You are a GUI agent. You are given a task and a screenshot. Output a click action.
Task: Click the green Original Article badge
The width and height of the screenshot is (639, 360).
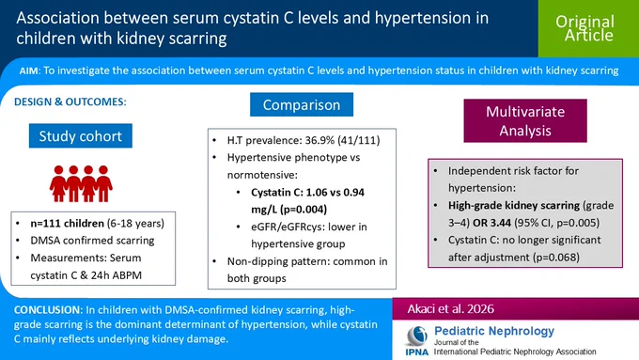click(x=588, y=28)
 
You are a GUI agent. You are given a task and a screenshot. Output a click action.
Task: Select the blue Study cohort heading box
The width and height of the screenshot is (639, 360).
click(x=80, y=135)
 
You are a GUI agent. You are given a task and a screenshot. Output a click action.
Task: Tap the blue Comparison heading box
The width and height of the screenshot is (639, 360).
click(x=302, y=104)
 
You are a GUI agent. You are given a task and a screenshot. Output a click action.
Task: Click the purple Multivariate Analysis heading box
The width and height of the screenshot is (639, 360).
click(x=525, y=120)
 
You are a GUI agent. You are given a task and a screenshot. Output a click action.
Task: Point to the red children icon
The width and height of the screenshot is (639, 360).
click(x=81, y=183)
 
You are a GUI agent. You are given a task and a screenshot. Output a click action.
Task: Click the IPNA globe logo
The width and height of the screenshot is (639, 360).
click(x=417, y=336)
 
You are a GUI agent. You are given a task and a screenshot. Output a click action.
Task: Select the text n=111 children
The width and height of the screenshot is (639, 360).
click(x=68, y=224)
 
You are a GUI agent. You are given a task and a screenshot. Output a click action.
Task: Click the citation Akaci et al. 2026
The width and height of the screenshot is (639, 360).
click(x=451, y=309)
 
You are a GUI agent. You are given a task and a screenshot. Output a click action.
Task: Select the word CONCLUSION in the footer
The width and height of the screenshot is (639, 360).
click(x=48, y=310)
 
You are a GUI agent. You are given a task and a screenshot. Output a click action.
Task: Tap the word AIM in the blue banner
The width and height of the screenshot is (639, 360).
click(x=28, y=70)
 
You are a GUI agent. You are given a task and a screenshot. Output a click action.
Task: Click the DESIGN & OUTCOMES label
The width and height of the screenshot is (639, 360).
click(x=70, y=102)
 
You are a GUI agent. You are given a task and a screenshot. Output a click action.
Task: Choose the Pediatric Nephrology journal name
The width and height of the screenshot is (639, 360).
click(x=494, y=331)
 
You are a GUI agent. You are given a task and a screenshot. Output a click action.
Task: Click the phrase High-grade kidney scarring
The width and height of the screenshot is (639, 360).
click(x=514, y=206)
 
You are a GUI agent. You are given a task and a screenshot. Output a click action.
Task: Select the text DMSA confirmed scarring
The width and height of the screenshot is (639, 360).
click(x=92, y=241)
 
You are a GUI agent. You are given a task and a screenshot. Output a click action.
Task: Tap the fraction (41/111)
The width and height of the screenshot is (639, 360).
click(x=360, y=140)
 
